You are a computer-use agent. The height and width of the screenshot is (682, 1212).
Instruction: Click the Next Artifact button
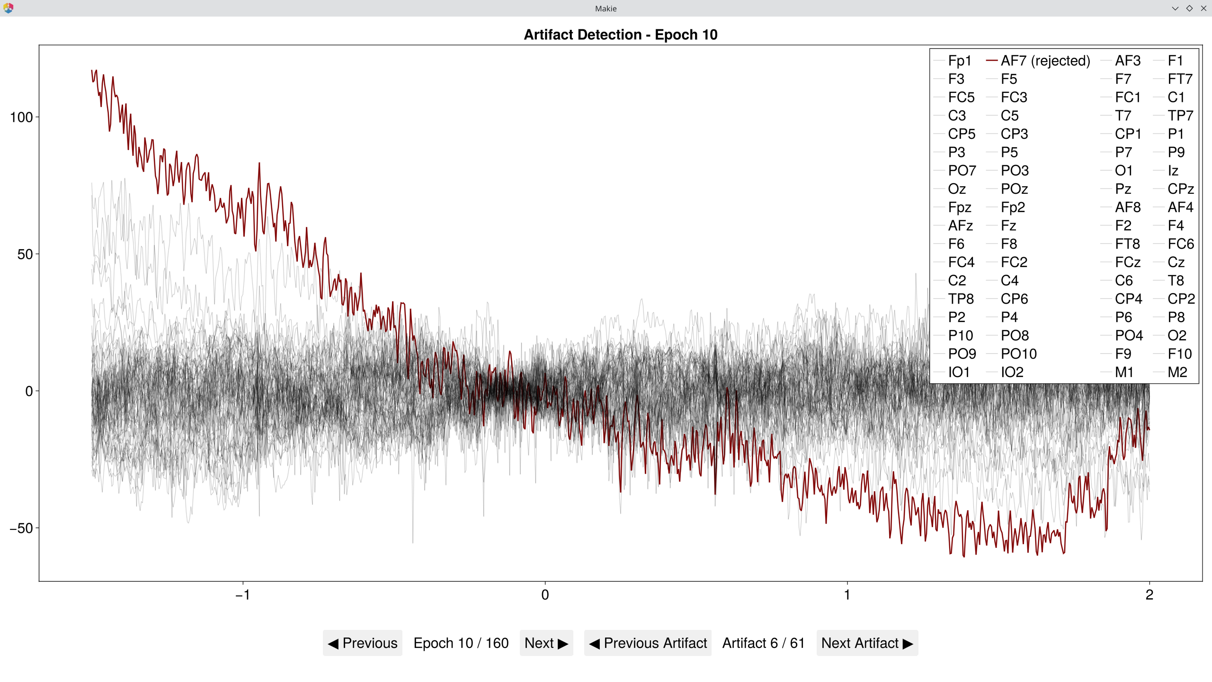(867, 643)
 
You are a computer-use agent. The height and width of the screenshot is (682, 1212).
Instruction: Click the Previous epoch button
(363, 643)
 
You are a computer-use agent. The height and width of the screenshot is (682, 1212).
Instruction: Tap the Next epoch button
(546, 643)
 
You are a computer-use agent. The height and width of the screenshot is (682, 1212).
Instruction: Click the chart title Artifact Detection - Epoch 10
(620, 35)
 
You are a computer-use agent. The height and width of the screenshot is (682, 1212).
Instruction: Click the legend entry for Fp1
(959, 61)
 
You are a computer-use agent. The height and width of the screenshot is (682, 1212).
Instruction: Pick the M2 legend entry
(1177, 372)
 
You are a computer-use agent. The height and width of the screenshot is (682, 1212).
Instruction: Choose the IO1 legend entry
(958, 372)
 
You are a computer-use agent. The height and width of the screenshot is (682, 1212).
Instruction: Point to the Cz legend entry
(1176, 262)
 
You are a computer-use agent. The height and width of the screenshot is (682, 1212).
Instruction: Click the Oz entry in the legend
(956, 189)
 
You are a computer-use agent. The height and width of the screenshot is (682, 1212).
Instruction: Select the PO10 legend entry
(1018, 354)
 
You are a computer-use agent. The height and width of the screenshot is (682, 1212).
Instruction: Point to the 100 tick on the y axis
(21, 117)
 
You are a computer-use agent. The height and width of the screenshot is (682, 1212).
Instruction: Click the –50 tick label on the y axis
(21, 528)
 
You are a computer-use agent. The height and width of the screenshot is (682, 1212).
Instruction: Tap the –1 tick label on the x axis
(242, 594)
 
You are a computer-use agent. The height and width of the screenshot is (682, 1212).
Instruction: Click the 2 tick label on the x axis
(1149, 594)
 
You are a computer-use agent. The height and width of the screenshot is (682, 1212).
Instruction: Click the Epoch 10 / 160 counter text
(461, 643)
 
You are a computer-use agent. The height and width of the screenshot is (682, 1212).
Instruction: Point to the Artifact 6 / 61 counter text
(763, 643)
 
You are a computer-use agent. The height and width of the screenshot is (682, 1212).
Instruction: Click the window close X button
(1203, 8)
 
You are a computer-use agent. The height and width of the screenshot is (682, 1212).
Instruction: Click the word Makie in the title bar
(606, 8)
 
